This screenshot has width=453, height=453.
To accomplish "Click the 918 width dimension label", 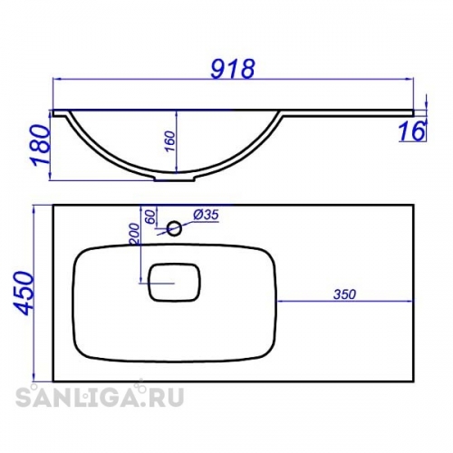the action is [233, 69].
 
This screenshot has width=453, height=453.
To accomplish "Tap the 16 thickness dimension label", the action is [411, 131].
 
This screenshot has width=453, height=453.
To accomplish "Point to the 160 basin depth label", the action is [170, 141].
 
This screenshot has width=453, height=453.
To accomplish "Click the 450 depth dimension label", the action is [24, 294].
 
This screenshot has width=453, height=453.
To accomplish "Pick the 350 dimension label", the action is [345, 294].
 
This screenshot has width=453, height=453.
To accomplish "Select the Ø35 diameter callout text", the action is [206, 215].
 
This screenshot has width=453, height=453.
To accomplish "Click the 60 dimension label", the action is [151, 217].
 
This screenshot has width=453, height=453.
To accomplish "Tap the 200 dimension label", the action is [135, 234].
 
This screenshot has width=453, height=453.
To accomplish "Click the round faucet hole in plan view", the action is [174, 228].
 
